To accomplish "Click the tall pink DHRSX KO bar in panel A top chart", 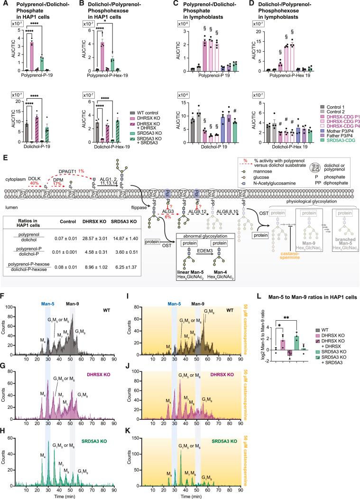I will [32, 56].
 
